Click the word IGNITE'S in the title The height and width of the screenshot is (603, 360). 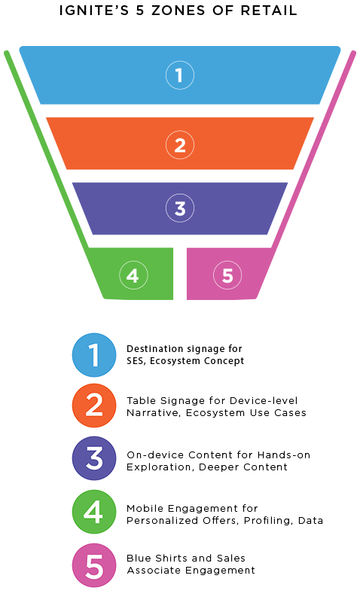pyautogui.click(x=93, y=11)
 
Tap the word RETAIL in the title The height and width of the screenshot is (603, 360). pyautogui.click(x=269, y=11)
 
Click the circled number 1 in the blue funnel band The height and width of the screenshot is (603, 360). pyautogui.click(x=180, y=75)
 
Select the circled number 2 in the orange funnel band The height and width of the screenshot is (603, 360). pyautogui.click(x=180, y=145)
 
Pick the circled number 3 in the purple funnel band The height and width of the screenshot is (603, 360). pyautogui.click(x=180, y=208)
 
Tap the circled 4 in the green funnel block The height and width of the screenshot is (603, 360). pyautogui.click(x=133, y=275)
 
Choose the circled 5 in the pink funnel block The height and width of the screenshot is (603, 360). pyautogui.click(x=227, y=275)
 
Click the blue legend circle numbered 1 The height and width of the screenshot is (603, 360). pyautogui.click(x=94, y=355)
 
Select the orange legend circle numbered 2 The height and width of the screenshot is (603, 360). pyautogui.click(x=94, y=406)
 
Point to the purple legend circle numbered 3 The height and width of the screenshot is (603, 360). pyautogui.click(x=94, y=458)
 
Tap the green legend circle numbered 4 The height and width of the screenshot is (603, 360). pyautogui.click(x=94, y=512)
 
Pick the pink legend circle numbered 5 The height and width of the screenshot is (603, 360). pyautogui.click(x=94, y=565)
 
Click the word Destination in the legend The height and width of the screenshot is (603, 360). pyautogui.click(x=150, y=349)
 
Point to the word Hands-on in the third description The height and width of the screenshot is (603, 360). pyautogui.click(x=283, y=455)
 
